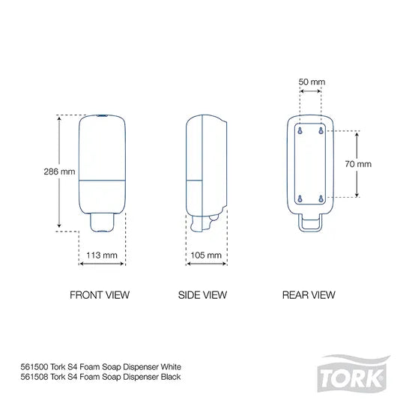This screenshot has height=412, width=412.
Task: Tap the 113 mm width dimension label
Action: point(103,255)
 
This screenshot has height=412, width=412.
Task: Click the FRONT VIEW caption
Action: point(100,295)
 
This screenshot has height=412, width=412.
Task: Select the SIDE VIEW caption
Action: point(203,295)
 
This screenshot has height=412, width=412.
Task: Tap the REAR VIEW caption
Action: point(309,295)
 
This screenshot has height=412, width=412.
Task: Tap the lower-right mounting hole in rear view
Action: point(321,198)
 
